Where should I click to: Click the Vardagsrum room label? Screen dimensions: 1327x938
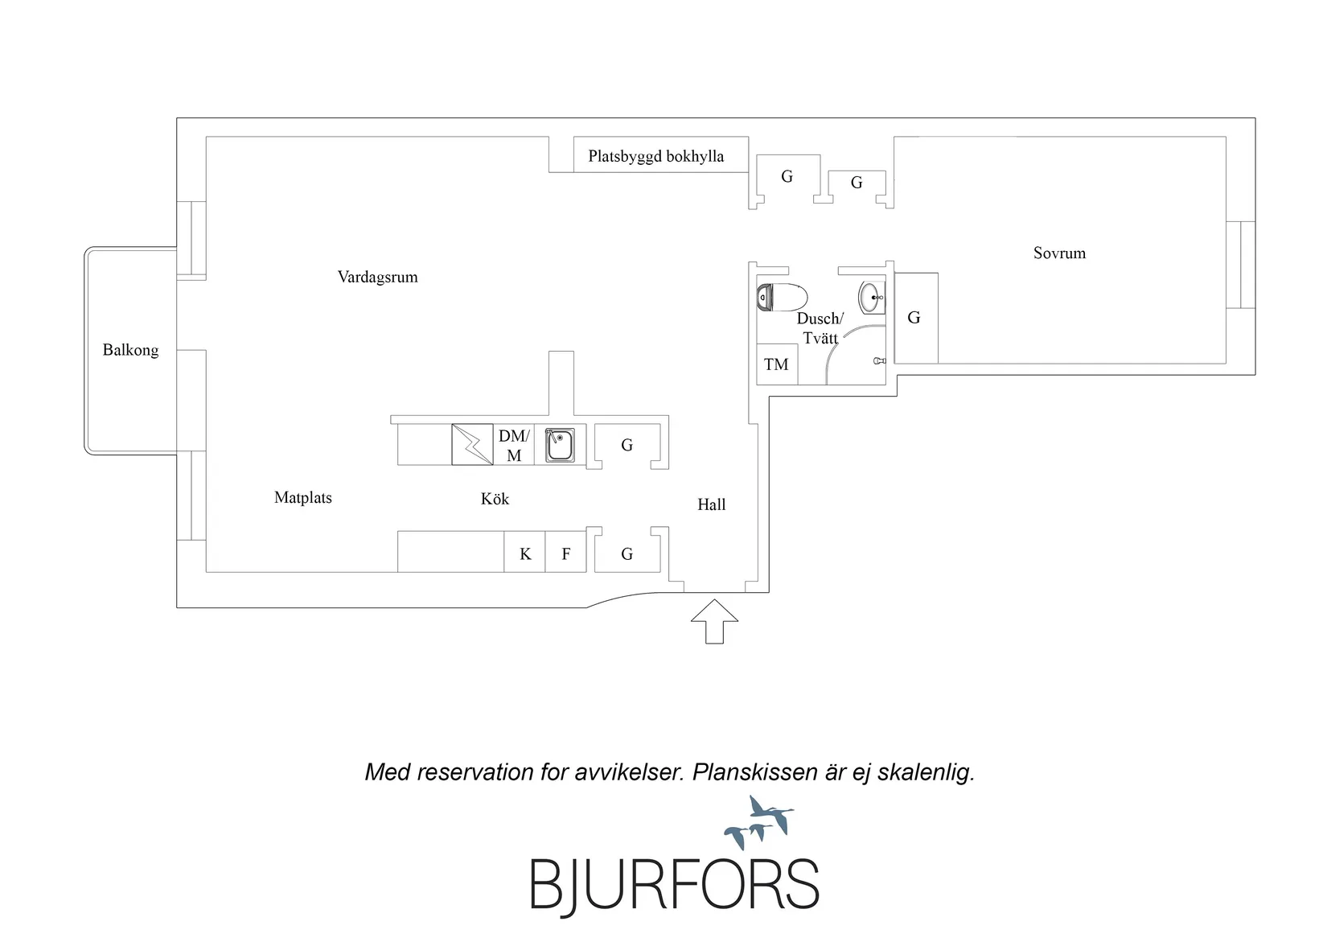coord(377,277)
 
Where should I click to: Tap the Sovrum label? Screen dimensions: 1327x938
coord(1059,253)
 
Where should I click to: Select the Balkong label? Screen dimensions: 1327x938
coord(130,350)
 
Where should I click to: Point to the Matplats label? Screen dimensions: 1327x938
coord(302,498)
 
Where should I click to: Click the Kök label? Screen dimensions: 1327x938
coord(495,499)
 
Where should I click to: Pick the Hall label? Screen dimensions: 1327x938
coord(712,505)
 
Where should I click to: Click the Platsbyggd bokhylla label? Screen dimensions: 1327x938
coord(655,156)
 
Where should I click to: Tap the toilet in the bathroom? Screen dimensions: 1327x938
coord(782,298)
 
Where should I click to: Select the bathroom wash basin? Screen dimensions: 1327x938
coord(872,298)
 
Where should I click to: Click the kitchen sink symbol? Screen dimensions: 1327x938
coord(560,445)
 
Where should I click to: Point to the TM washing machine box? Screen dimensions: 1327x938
coord(777,364)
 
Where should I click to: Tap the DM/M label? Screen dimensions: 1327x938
coord(514,446)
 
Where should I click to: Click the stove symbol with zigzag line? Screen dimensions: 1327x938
coord(472,444)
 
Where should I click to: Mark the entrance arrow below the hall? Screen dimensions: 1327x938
coord(714,622)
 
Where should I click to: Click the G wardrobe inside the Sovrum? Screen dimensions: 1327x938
coord(916,319)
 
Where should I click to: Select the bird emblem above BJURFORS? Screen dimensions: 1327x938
coord(759,822)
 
